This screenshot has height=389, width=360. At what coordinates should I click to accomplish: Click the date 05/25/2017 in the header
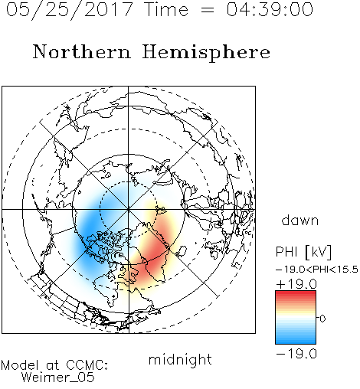click(69, 10)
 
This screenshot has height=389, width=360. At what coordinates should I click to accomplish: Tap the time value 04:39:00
click(270, 9)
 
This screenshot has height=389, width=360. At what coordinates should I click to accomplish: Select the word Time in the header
click(166, 9)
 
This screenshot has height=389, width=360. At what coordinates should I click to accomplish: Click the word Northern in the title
click(82, 51)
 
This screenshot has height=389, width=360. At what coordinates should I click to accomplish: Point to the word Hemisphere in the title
click(206, 53)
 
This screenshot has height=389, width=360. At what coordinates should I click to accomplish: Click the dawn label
click(299, 220)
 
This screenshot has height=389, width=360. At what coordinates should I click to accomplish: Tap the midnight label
click(180, 359)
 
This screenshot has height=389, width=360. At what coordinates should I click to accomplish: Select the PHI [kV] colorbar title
click(303, 252)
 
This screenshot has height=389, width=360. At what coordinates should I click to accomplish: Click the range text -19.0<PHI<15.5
click(317, 270)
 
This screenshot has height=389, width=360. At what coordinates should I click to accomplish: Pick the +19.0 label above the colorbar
click(296, 284)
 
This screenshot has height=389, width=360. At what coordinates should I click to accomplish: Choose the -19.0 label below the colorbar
click(296, 354)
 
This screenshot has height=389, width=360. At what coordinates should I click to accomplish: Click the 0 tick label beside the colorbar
click(322, 319)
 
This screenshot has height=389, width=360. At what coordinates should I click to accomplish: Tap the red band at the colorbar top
click(296, 295)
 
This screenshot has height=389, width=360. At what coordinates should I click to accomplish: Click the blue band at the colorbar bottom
click(296, 340)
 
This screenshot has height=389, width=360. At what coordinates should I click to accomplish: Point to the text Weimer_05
click(58, 378)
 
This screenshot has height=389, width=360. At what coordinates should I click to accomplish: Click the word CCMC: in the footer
click(87, 365)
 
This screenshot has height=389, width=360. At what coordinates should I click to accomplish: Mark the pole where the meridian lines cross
click(129, 210)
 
